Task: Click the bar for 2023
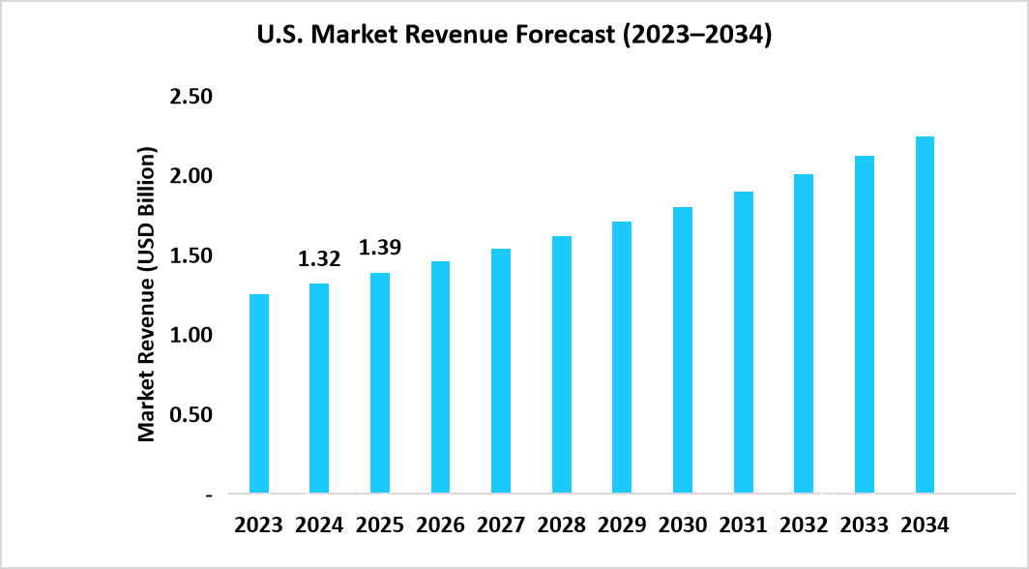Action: click(259, 394)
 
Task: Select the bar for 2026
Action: click(440, 377)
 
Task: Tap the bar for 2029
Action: click(622, 358)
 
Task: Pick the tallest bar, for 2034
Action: click(925, 315)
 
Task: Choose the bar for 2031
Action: click(743, 343)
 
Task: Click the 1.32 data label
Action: click(319, 258)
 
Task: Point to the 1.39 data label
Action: click(380, 248)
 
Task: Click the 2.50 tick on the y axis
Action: click(192, 98)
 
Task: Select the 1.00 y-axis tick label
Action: click(192, 336)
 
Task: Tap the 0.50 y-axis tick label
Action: click(192, 415)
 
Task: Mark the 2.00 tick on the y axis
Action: click(192, 177)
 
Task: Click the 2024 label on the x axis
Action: click(319, 525)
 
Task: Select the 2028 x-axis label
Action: click(562, 525)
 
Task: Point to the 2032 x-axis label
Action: click(804, 525)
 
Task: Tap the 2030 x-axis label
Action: click(683, 525)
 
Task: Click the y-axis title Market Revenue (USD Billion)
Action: click(147, 295)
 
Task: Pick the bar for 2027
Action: click(501, 372)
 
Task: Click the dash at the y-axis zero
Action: click(209, 494)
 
